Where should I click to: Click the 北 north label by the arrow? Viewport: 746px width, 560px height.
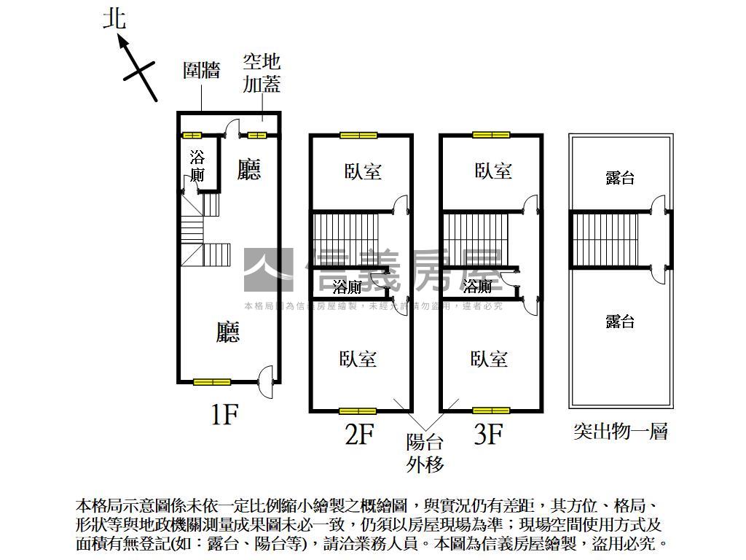pyautogui.click(x=114, y=18)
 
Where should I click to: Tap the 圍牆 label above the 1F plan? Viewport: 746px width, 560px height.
pyautogui.click(x=202, y=71)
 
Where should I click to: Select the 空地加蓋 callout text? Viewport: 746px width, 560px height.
pyautogui.click(x=262, y=74)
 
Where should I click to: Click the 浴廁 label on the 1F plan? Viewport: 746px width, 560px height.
pyautogui.click(x=197, y=166)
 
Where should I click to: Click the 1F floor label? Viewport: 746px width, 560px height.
pyautogui.click(x=224, y=414)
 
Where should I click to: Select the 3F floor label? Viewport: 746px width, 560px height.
pyautogui.click(x=489, y=435)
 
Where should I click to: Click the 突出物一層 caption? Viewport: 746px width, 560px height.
pyautogui.click(x=621, y=432)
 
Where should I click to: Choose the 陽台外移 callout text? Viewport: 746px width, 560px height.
pyautogui.click(x=425, y=453)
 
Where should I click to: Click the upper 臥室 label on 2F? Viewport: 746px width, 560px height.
pyautogui.click(x=362, y=171)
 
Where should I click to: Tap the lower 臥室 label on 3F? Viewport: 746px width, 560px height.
pyautogui.click(x=489, y=359)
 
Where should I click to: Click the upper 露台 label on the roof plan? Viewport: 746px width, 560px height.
pyautogui.click(x=620, y=178)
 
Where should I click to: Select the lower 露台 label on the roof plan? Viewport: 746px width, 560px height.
pyautogui.click(x=620, y=322)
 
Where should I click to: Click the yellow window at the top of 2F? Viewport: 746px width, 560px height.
pyautogui.click(x=358, y=135)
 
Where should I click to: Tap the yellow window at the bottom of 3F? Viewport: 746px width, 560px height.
pyautogui.click(x=491, y=411)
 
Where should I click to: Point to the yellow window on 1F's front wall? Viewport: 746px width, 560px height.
pyautogui.click(x=212, y=381)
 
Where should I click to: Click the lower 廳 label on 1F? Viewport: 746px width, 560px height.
pyautogui.click(x=228, y=333)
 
